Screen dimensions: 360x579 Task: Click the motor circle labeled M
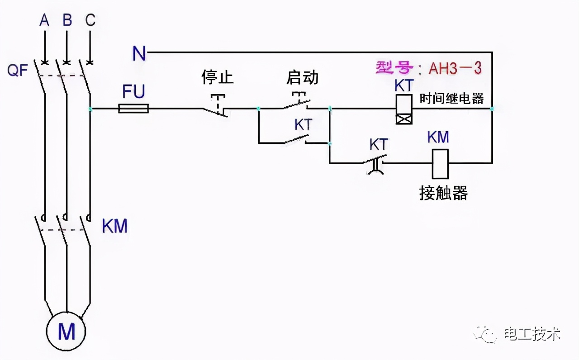pyautogui.click(x=66, y=331)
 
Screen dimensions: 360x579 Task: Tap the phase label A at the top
pyautogui.click(x=44, y=21)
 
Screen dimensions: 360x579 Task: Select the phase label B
pyautogui.click(x=67, y=21)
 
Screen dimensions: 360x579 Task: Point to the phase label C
pyautogui.click(x=90, y=21)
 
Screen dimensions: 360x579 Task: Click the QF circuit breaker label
pyautogui.click(x=18, y=71)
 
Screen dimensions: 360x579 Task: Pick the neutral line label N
pyautogui.click(x=139, y=54)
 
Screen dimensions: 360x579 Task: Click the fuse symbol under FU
pyautogui.click(x=133, y=109)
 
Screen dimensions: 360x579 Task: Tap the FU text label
pyautogui.click(x=133, y=92)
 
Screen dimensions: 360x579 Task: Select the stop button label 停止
pyautogui.click(x=217, y=77)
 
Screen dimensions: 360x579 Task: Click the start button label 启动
pyautogui.click(x=302, y=77)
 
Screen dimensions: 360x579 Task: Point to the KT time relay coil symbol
pyautogui.click(x=403, y=109)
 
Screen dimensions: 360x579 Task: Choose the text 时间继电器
pyautogui.click(x=451, y=98)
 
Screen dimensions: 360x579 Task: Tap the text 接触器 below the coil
pyautogui.click(x=443, y=193)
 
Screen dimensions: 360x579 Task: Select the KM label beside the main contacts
pyautogui.click(x=114, y=226)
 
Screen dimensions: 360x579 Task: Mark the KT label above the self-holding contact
pyautogui.click(x=304, y=125)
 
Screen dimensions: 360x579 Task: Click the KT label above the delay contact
pyautogui.click(x=379, y=145)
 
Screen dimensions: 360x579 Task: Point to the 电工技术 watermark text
pyautogui.click(x=532, y=334)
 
